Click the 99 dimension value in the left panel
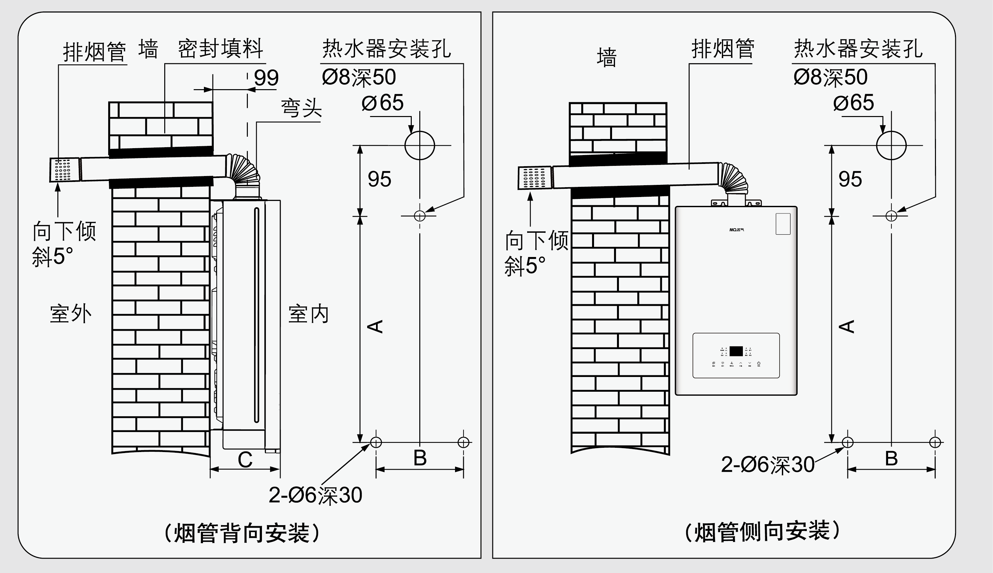[266, 78]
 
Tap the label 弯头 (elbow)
[301, 108]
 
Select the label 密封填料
[220, 49]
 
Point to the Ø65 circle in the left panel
[420, 145]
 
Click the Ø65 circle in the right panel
[891, 145]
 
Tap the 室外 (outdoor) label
[70, 314]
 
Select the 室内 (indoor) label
[308, 314]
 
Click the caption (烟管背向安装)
[242, 533]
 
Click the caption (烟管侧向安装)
[762, 531]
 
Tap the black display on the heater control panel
[736, 351]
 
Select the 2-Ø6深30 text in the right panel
[767, 464]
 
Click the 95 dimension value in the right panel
[850, 179]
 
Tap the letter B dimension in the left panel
[420, 458]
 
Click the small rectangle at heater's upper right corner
[783, 224]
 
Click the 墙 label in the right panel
[606, 57]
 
